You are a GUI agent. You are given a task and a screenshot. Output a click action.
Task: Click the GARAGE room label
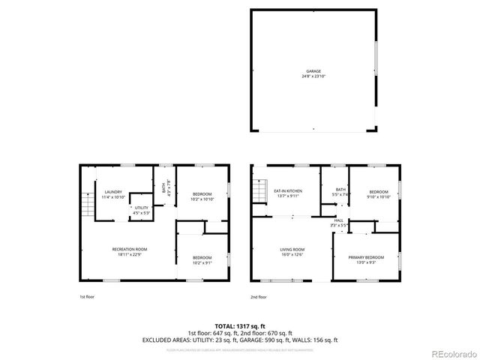(313, 71)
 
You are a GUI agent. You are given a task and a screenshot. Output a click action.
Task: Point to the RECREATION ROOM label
(130, 249)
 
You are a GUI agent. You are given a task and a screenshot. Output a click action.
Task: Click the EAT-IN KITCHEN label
(287, 191)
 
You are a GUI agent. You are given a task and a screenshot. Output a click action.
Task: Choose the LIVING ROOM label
(292, 249)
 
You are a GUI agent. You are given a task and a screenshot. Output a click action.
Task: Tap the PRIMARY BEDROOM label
(366, 258)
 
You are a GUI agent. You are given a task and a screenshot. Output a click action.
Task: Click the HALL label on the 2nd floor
(339, 220)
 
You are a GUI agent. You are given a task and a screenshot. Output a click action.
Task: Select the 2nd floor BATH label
(340, 190)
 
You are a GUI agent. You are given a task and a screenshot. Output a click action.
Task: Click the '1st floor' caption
(87, 297)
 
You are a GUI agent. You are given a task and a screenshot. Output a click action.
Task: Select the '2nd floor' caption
(259, 297)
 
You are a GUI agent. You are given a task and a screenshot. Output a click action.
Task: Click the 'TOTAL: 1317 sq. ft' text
(240, 325)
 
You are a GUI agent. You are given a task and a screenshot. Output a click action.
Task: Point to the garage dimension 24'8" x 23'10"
(313, 76)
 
